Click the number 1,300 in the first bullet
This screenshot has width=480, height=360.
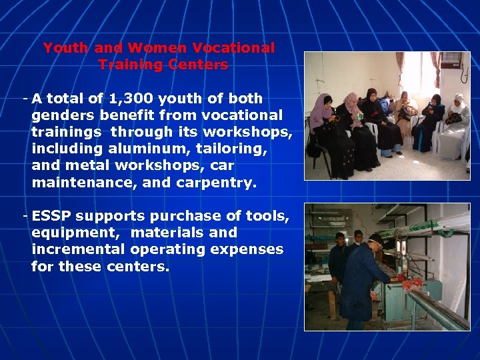138,99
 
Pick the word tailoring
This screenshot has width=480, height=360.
231,149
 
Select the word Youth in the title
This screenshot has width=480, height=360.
66,48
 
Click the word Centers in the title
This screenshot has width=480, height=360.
199,65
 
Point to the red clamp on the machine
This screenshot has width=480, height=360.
411,285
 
